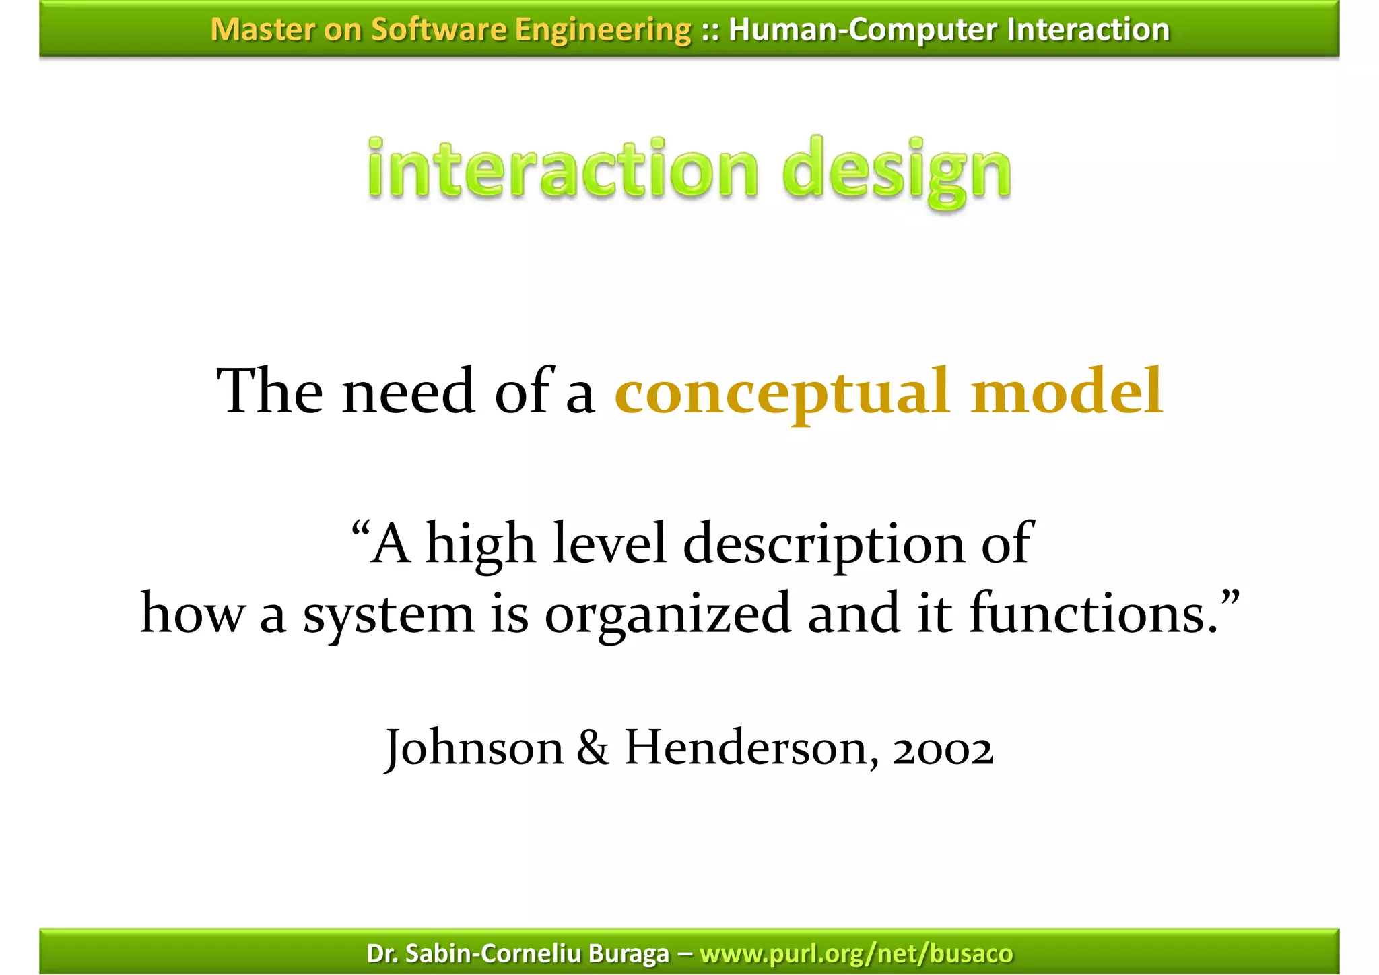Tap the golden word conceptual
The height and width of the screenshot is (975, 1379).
(x=782, y=392)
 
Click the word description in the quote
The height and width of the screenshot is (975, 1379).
(x=824, y=544)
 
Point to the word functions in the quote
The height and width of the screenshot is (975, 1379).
(x=1094, y=613)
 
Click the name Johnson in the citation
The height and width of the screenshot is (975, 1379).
(x=474, y=749)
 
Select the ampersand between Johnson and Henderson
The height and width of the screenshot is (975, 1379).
(x=593, y=749)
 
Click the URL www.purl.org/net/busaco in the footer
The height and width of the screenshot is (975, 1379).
(x=856, y=953)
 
